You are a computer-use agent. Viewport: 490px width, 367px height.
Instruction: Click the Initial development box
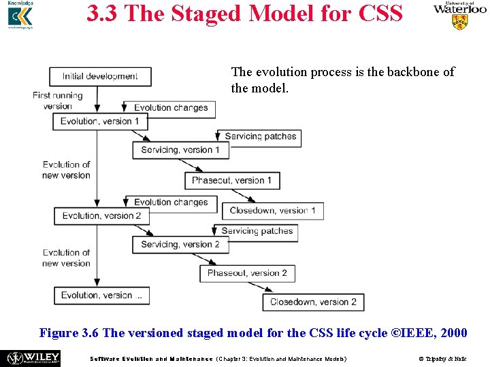[x=100, y=76]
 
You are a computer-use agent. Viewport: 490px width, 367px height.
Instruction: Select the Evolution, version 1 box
[x=100, y=122]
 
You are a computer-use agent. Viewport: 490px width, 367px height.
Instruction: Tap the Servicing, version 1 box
[x=180, y=150]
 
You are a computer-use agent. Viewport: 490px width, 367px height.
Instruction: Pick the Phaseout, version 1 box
[x=232, y=180]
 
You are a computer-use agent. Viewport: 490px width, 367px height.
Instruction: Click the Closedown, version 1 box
[x=273, y=211]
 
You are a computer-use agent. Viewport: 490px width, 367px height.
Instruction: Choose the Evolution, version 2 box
[x=101, y=215]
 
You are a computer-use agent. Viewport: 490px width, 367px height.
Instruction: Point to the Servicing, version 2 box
[x=180, y=244]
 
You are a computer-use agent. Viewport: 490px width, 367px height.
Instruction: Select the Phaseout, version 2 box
[x=247, y=273]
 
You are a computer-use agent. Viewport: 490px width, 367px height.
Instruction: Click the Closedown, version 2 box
[x=313, y=302]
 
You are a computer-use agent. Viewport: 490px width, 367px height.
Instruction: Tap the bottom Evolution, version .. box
[x=101, y=296]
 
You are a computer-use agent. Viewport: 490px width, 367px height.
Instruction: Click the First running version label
[x=57, y=101]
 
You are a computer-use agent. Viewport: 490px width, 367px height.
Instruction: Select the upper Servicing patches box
[x=260, y=137]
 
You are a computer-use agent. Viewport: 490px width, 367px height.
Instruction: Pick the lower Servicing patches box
[x=257, y=231]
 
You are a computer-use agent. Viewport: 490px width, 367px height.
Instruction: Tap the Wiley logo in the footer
[x=33, y=357]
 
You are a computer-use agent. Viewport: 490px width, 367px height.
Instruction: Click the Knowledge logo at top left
[x=20, y=15]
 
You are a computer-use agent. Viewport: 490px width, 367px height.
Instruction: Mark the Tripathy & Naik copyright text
[x=445, y=358]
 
